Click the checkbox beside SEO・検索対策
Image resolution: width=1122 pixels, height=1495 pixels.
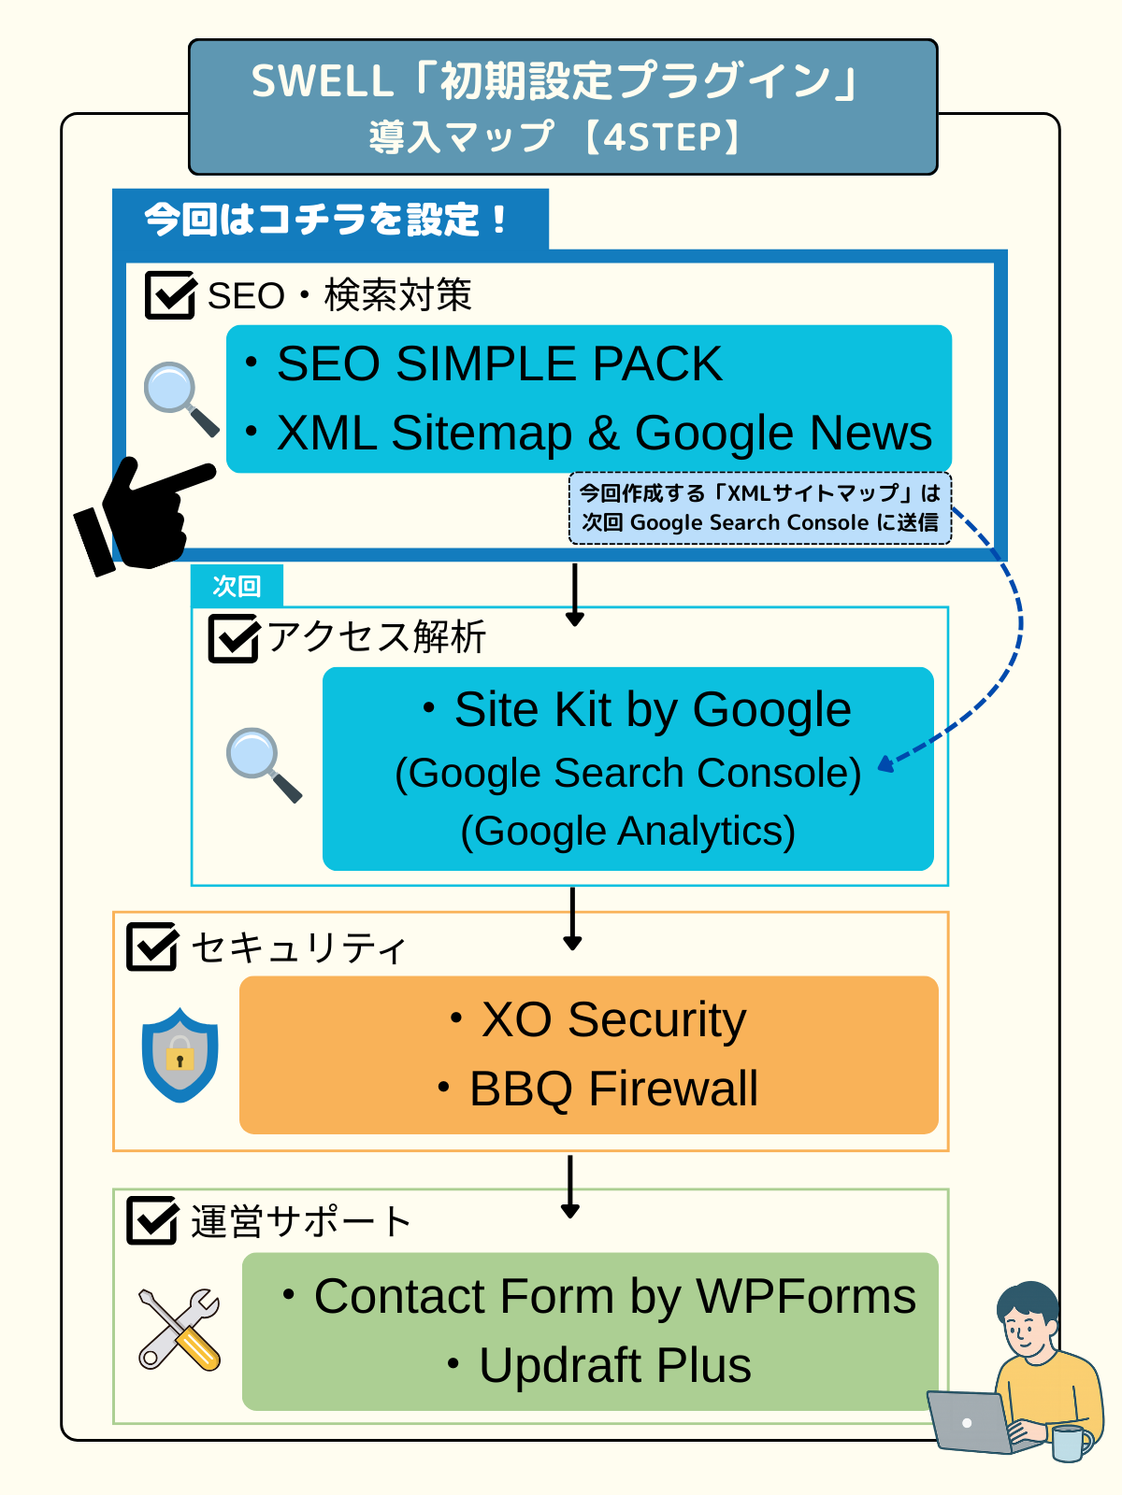pyautogui.click(x=170, y=294)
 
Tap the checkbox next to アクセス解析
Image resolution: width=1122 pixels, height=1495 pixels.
pyautogui.click(x=234, y=638)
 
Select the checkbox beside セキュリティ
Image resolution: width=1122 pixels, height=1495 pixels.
pyautogui.click(x=152, y=947)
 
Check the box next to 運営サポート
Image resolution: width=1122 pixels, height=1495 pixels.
pyautogui.click(x=152, y=1220)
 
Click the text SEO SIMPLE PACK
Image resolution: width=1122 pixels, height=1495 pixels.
pyautogui.click(x=499, y=363)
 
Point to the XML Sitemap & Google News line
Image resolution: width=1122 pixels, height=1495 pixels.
pyautogui.click(x=604, y=433)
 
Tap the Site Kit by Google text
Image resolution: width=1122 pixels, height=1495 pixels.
pyautogui.click(x=653, y=710)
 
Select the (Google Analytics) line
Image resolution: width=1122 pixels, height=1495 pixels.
pyautogui.click(x=627, y=832)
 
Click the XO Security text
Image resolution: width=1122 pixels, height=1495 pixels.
pyautogui.click(x=613, y=1019)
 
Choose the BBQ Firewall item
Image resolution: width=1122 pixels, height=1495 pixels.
pyautogui.click(x=613, y=1089)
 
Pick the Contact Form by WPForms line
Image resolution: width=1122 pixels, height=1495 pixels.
pyautogui.click(x=614, y=1296)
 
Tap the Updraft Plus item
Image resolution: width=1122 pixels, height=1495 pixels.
pyautogui.click(x=615, y=1365)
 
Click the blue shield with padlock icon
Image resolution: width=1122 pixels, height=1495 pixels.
pyautogui.click(x=180, y=1054)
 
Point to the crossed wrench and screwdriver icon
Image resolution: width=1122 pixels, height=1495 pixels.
pyautogui.click(x=180, y=1329)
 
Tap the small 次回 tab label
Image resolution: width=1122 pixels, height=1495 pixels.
pyautogui.click(x=237, y=586)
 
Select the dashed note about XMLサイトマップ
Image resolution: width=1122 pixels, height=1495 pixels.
pyautogui.click(x=759, y=508)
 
